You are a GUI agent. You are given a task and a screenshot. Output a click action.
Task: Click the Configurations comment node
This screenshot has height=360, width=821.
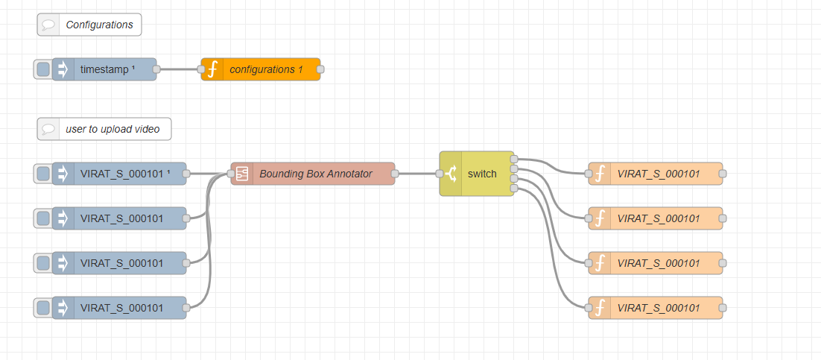[x=98, y=25]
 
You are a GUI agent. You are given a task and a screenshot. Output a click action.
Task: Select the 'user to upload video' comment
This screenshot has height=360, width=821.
[x=112, y=129]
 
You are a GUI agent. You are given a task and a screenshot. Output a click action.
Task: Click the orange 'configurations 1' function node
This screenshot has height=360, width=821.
[x=266, y=69]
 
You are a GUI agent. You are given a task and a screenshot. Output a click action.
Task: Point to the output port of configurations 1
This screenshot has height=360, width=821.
[x=320, y=69]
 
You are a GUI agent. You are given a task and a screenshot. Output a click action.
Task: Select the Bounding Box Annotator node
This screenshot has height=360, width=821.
[x=315, y=174]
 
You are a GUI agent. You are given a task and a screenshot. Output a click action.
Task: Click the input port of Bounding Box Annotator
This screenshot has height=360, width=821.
[x=231, y=174]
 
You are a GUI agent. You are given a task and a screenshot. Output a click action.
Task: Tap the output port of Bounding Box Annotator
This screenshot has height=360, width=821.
[x=395, y=174]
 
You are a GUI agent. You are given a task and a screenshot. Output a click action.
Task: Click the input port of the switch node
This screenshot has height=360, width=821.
[x=440, y=174]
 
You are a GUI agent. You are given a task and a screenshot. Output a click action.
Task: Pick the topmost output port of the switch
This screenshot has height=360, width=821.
[x=514, y=159]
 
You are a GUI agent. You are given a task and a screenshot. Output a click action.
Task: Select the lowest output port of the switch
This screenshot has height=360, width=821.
[x=514, y=189]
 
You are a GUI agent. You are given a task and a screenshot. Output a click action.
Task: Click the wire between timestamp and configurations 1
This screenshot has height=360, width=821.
[x=179, y=69]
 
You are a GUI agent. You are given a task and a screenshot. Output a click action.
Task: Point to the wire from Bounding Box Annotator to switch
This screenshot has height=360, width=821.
[x=417, y=174]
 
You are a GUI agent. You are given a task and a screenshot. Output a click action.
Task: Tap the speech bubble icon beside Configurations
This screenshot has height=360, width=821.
[x=48, y=25]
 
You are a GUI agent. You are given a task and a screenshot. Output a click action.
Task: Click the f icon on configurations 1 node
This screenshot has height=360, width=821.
[x=212, y=69]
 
